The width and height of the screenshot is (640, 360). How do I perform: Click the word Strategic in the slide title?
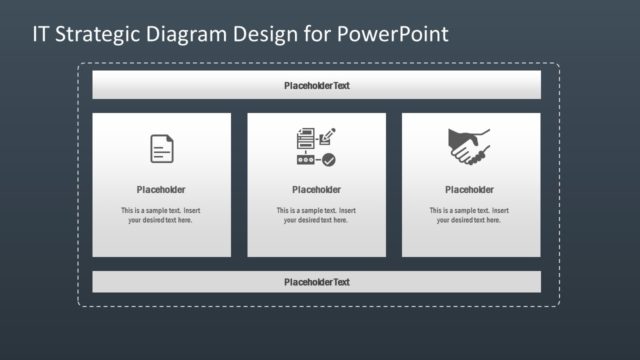point(96,34)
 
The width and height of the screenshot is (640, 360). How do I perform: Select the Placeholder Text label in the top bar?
point(316,86)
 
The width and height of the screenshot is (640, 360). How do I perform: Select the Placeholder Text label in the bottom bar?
point(316,282)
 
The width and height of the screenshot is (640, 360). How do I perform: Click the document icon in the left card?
point(161,149)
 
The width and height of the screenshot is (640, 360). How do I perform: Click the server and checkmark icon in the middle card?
point(315,147)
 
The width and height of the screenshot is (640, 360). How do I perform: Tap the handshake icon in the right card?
point(469,147)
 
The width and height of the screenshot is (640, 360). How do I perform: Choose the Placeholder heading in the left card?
point(161,190)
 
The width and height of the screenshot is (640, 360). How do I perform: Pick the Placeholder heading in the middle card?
point(316,190)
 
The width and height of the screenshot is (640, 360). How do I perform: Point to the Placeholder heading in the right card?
point(469,190)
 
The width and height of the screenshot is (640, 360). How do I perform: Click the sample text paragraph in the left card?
point(161,215)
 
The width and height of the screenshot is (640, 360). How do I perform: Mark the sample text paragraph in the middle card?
point(316,215)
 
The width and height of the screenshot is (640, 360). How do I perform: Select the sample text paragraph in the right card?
point(469,215)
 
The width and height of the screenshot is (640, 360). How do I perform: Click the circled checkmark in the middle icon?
point(329,159)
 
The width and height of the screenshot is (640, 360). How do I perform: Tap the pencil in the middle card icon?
point(329,134)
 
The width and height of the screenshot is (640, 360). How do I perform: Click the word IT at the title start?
point(40,34)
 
